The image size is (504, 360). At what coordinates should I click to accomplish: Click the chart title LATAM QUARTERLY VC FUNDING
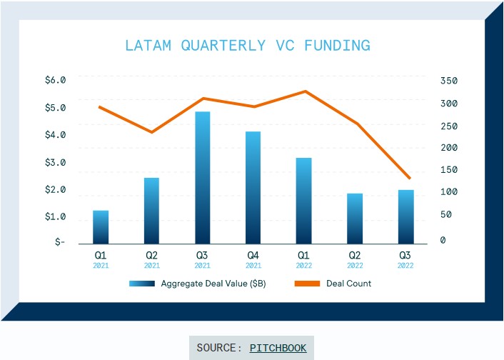(247, 46)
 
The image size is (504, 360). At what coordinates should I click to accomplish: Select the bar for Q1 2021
(101, 227)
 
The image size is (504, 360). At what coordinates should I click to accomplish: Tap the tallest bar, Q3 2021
(202, 178)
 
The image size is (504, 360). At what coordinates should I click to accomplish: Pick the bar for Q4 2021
(253, 188)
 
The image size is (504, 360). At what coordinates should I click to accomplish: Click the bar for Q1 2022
(303, 201)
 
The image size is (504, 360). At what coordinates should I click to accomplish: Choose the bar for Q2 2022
(354, 219)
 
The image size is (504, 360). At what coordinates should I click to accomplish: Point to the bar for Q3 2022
(405, 216)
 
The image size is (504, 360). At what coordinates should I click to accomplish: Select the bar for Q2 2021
(151, 211)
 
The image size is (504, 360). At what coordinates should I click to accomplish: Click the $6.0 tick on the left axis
(55, 80)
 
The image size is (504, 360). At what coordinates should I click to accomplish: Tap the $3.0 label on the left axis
(55, 162)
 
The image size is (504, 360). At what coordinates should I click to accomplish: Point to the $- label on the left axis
(60, 242)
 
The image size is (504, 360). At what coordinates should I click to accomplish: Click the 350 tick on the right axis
(448, 81)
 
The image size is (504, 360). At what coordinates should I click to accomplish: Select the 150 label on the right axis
(448, 170)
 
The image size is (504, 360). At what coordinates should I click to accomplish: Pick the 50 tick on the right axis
(446, 215)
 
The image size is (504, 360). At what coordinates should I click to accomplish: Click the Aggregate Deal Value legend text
(213, 284)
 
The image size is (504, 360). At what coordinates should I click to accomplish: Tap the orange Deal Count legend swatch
(308, 284)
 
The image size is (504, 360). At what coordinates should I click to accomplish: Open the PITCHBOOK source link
(278, 348)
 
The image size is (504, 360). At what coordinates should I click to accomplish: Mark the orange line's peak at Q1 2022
(305, 91)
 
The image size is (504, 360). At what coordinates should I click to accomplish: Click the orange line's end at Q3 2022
(409, 178)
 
